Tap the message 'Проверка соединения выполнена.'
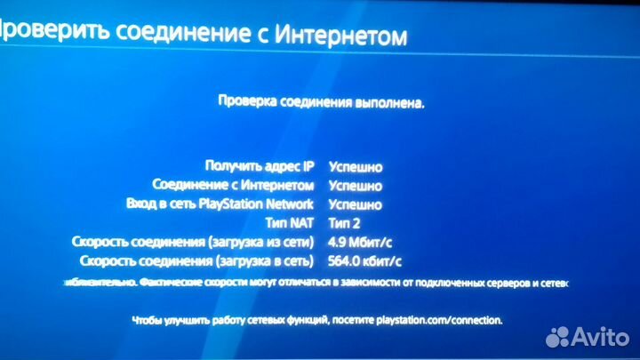(322, 102)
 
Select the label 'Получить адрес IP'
(260, 166)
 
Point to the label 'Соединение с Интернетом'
(234, 185)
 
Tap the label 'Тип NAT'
(290, 222)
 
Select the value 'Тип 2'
(346, 223)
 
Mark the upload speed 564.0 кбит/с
(365, 260)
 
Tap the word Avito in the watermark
(604, 335)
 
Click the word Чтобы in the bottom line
(146, 319)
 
